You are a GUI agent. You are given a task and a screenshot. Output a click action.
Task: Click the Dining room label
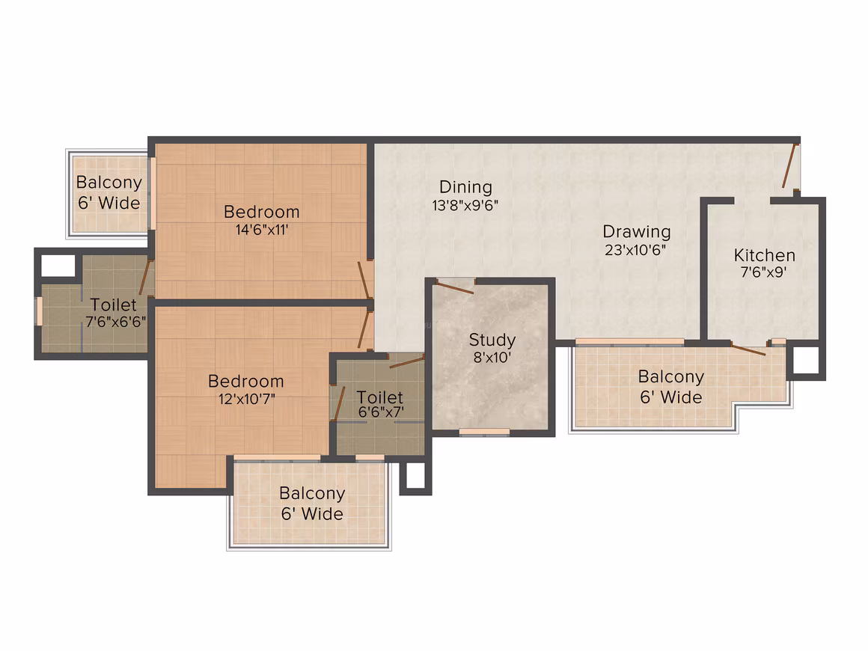(465, 188)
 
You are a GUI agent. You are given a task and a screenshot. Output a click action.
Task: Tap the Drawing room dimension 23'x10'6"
(635, 250)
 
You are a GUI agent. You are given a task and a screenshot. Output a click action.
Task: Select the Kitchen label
(765, 255)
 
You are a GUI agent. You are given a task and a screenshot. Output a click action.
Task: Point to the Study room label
(492, 340)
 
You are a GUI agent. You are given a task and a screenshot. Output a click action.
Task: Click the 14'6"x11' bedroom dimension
(262, 230)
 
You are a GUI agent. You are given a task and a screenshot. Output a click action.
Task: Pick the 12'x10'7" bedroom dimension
(246, 399)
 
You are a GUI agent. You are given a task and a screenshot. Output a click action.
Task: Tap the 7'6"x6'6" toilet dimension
(116, 323)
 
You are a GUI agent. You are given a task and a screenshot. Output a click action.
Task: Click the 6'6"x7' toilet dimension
(381, 412)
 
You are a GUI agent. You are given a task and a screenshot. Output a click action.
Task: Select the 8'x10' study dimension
(492, 358)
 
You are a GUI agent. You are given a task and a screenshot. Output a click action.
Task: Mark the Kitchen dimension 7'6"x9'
(764, 272)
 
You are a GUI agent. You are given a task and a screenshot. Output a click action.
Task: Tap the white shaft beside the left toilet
(58, 266)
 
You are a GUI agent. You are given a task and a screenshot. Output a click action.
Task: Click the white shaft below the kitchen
(806, 361)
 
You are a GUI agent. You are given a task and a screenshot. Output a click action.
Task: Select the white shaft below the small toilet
(415, 475)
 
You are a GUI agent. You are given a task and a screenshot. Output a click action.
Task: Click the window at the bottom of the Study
(484, 432)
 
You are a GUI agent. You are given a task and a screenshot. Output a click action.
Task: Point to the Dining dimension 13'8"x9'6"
(465, 206)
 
